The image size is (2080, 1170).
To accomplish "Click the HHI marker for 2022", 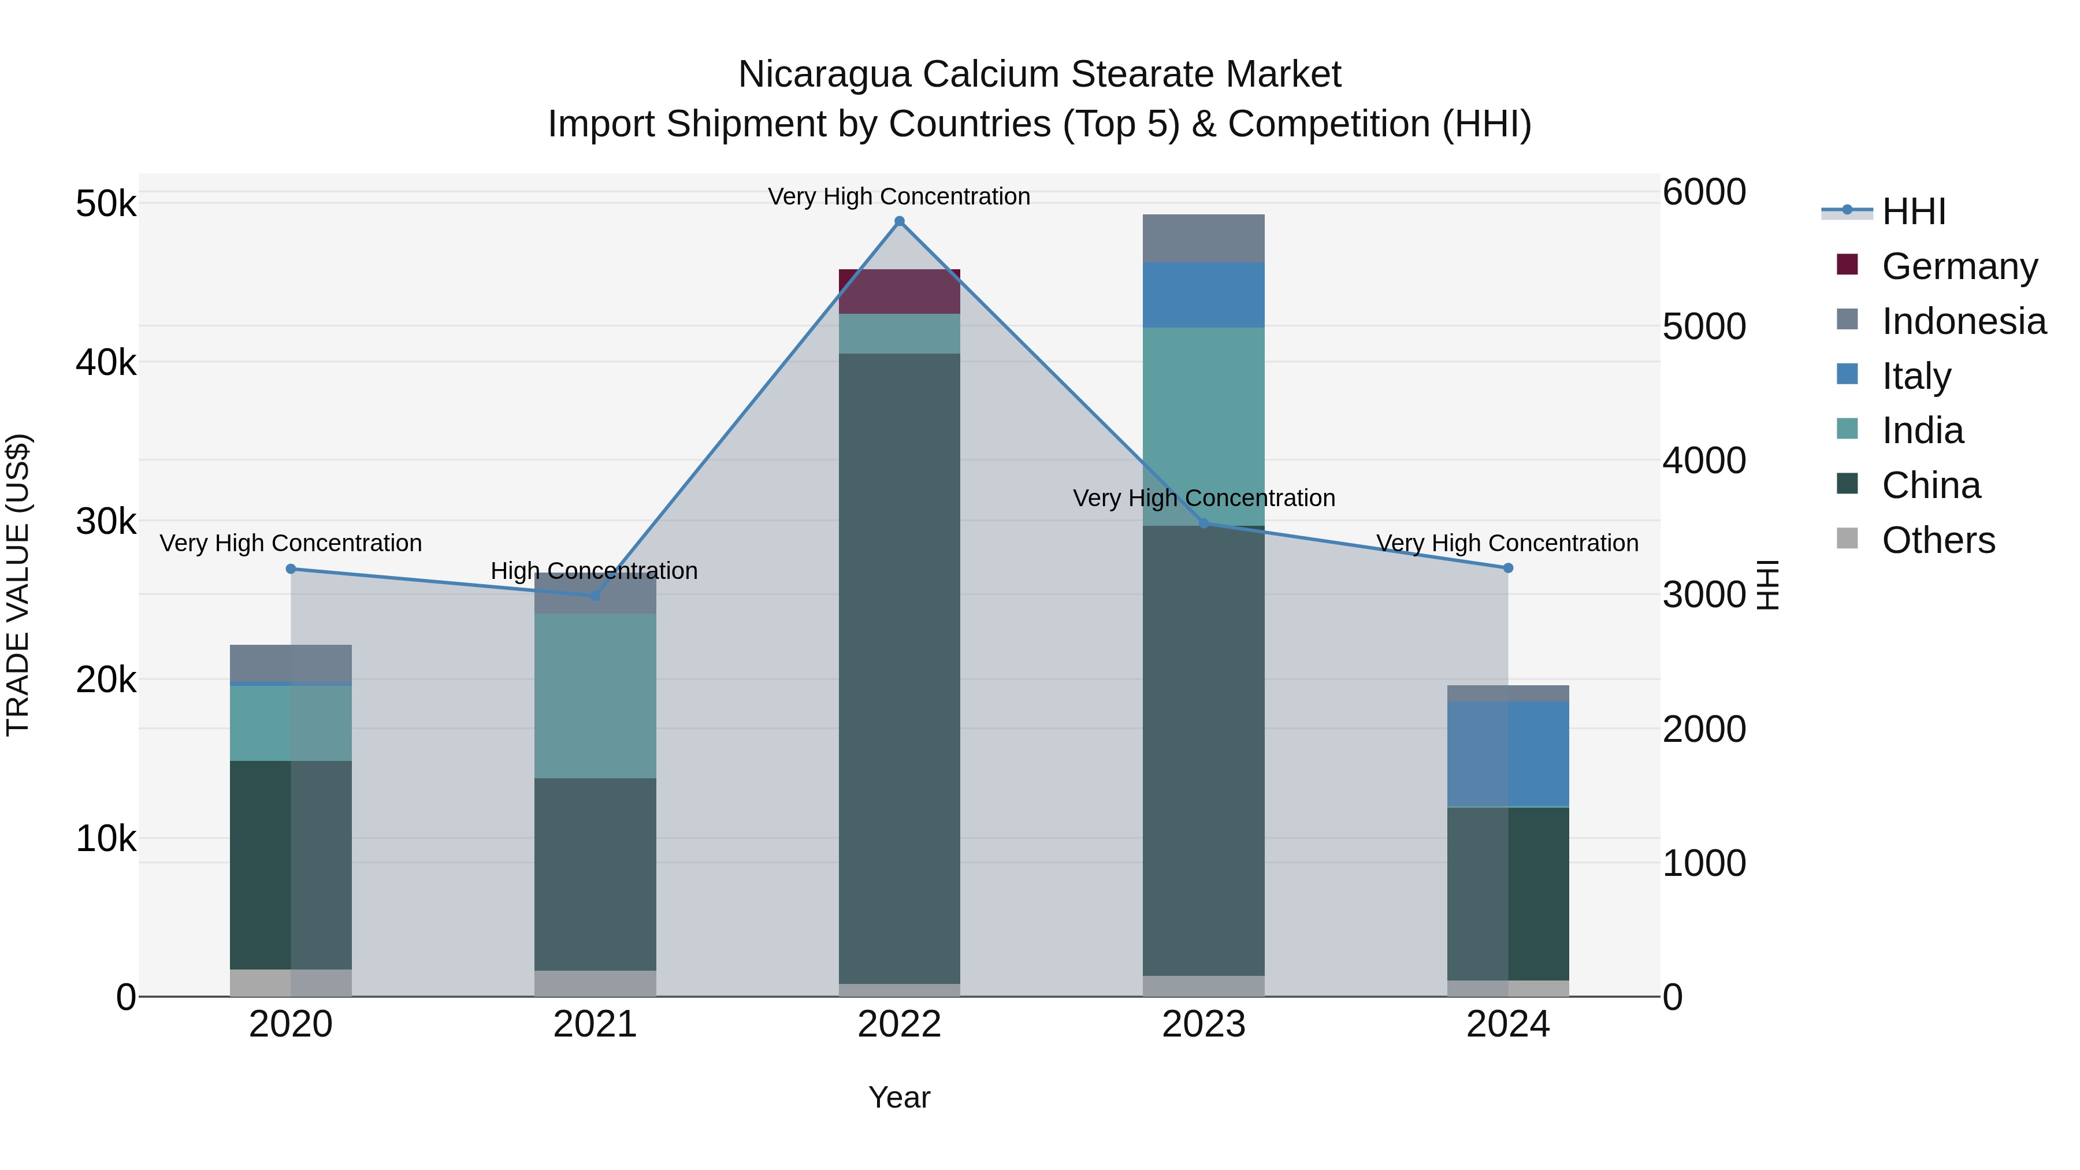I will click(900, 221).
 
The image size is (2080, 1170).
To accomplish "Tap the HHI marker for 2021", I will click(595, 596).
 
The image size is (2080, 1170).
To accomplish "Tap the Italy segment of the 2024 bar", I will click(1507, 753).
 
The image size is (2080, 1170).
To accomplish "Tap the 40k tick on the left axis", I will click(106, 362).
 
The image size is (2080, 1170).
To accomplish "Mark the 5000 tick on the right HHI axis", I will click(1704, 327).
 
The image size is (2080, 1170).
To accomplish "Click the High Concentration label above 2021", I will click(595, 571).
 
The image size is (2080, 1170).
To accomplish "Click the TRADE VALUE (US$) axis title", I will click(18, 585).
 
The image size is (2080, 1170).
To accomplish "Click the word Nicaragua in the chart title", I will click(825, 75).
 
